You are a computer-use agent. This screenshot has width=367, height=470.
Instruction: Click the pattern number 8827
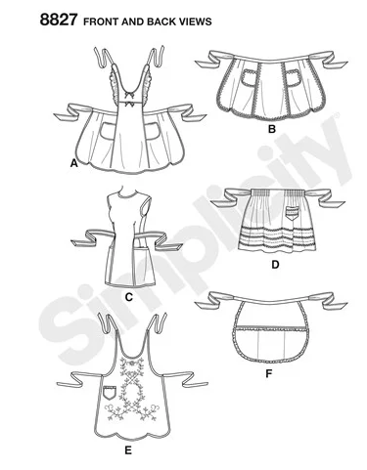pyautogui.click(x=59, y=20)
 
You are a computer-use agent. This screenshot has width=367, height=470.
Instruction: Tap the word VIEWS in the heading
pyautogui.click(x=196, y=21)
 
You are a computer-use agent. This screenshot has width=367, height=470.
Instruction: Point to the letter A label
pyautogui.click(x=74, y=163)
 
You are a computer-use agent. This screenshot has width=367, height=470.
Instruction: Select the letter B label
pyautogui.click(x=272, y=129)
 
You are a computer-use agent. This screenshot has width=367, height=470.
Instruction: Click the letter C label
pyautogui.click(x=129, y=297)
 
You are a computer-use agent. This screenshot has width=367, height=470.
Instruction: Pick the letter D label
pyautogui.click(x=275, y=265)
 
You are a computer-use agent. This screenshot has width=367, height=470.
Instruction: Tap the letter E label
pyautogui.click(x=128, y=450)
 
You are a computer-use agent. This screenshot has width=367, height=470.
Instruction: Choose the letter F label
pyautogui.click(x=268, y=373)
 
